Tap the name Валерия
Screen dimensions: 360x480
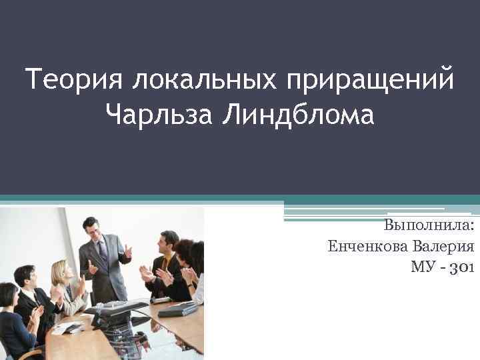pyautogui.click(x=443, y=246)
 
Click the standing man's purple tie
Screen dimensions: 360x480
pyautogui.click(x=103, y=253)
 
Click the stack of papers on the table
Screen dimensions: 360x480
pyautogui.click(x=70, y=327)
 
